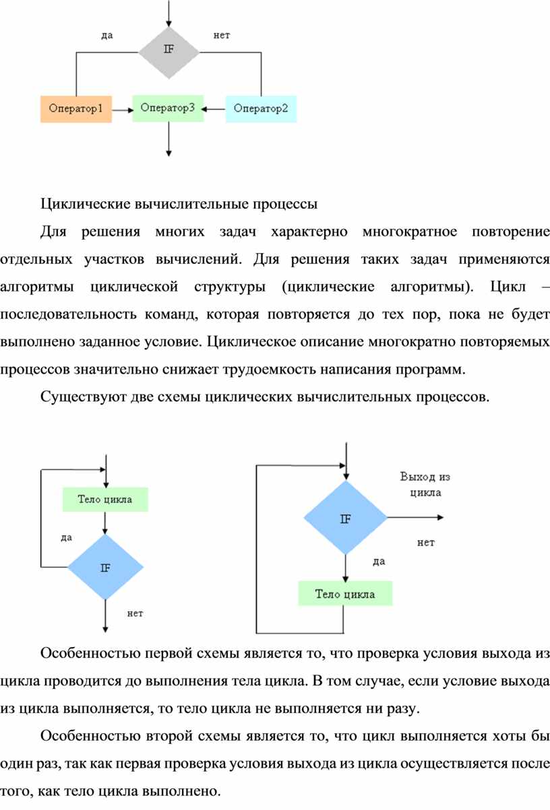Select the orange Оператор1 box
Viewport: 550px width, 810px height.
coord(75,108)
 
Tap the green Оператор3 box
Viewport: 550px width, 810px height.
coord(168,107)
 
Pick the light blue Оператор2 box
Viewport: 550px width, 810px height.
coord(261,108)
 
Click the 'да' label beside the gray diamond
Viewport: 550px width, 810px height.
coord(106,36)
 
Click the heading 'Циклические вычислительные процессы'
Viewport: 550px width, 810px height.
coord(179,202)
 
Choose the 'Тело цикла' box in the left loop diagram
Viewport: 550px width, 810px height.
coord(104,500)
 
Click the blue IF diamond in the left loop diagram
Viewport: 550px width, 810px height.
coord(106,567)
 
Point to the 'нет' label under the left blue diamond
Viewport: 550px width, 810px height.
coord(135,613)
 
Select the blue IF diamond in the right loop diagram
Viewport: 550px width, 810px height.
coord(345,518)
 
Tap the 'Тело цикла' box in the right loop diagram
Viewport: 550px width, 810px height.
coord(345,594)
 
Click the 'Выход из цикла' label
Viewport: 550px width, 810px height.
coord(425,484)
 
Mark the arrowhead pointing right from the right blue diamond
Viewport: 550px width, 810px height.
coord(439,518)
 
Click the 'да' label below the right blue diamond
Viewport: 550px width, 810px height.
coord(378,561)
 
